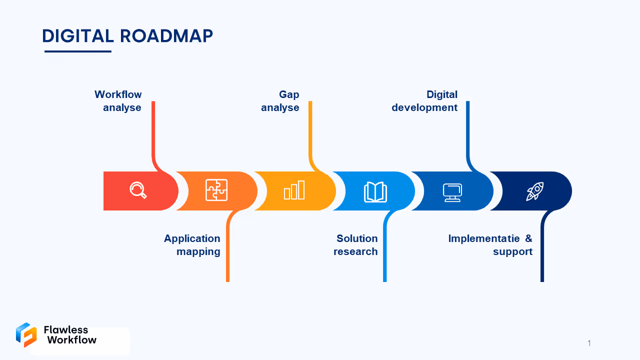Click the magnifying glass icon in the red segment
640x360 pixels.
(138, 190)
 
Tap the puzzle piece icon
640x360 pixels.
(216, 190)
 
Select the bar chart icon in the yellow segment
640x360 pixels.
(294, 190)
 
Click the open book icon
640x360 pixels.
(375, 191)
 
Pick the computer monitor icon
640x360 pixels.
(452, 192)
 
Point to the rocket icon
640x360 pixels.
(534, 191)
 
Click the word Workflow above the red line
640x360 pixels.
(118, 94)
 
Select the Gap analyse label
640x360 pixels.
(280, 101)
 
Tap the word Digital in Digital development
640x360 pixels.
(441, 94)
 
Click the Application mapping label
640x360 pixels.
(192, 245)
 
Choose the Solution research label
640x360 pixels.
(356, 245)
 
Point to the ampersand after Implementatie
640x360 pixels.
(528, 238)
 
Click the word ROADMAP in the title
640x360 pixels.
(166, 36)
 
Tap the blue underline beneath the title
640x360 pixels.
(77, 51)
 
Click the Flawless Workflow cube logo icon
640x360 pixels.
(26, 334)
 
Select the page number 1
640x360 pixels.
(589, 343)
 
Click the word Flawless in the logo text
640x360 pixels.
(66, 329)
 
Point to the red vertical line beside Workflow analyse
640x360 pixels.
(153, 130)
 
